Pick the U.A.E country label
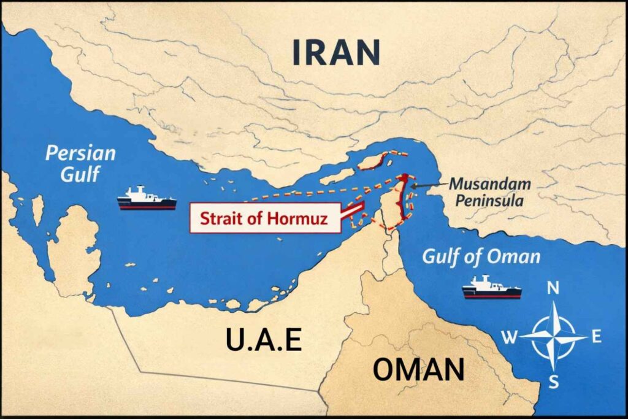coord(264,339)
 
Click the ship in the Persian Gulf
coord(147,198)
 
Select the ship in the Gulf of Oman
coord(492,287)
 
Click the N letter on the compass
coord(553,288)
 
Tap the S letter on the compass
coord(554,383)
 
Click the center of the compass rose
coord(554,336)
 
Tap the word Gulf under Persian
coord(80,173)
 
